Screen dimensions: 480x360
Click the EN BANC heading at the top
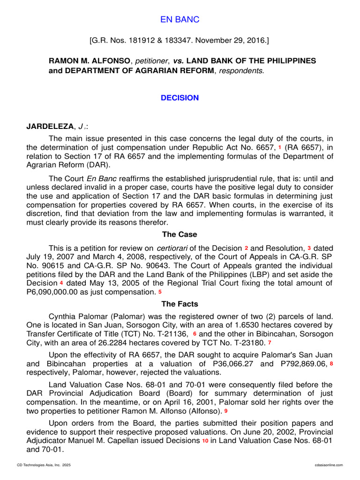[180, 19]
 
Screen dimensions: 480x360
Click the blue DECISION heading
[180, 98]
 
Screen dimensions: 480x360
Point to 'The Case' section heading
[180, 234]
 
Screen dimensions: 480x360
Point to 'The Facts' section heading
[180, 304]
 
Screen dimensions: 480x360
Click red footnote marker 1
[279, 147]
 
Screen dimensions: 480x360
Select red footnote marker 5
[160, 292]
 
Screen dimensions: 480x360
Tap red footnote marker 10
[205, 441]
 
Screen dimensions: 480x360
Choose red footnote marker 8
[331, 364]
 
